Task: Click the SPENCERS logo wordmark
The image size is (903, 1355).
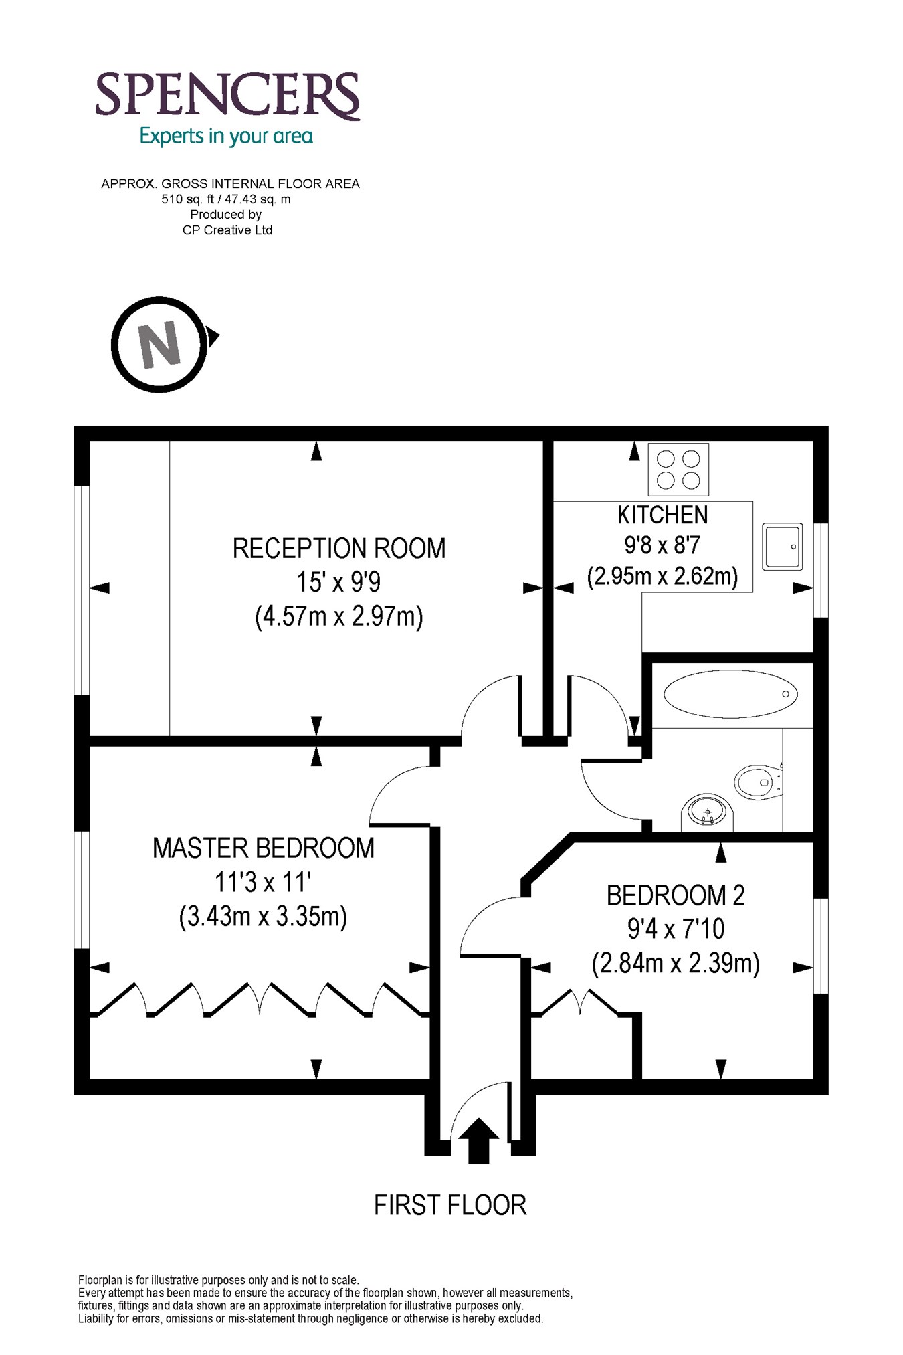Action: tap(227, 96)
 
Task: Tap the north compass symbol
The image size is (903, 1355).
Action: tap(161, 345)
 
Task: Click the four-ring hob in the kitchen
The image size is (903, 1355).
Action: tap(678, 469)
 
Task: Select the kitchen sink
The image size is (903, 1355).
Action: tap(782, 547)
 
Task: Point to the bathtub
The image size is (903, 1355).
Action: tap(730, 694)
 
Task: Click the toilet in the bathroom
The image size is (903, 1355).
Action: tap(757, 781)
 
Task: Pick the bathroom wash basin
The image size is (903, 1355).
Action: tap(708, 812)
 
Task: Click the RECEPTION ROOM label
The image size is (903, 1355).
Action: tap(339, 549)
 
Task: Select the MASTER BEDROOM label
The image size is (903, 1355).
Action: tap(264, 848)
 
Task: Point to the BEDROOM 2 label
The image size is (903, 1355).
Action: tap(676, 895)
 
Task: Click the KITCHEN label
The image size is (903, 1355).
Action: tap(662, 515)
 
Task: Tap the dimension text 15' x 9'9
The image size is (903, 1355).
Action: tap(339, 582)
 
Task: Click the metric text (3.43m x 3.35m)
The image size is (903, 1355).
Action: tap(264, 916)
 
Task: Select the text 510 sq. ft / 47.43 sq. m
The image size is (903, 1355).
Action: tap(226, 199)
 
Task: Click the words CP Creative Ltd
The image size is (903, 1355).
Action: tap(227, 230)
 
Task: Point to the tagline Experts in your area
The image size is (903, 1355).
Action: tap(226, 137)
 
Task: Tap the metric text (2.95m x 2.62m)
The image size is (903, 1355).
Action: tap(662, 575)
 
